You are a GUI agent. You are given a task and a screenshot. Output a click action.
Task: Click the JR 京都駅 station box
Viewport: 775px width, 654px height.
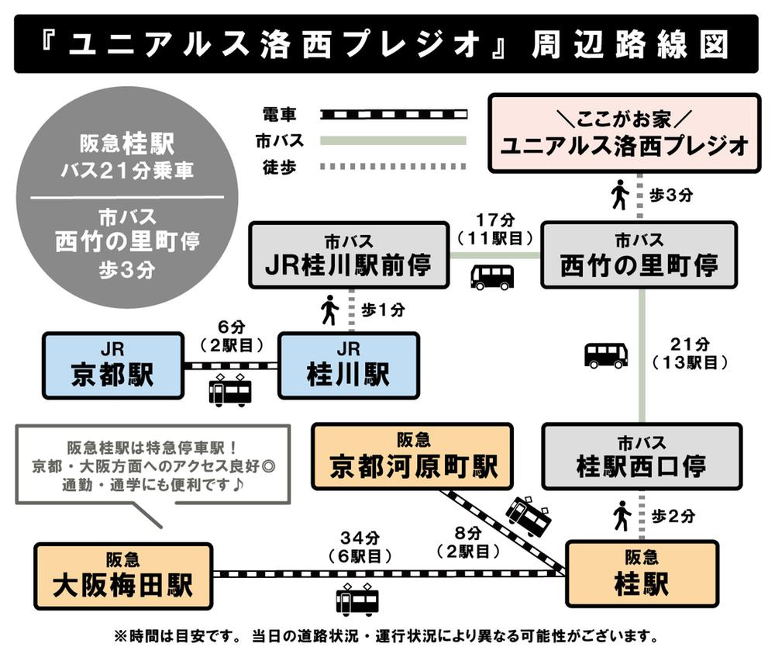(112, 365)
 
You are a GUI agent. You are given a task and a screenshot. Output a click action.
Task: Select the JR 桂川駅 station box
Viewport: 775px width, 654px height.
(349, 365)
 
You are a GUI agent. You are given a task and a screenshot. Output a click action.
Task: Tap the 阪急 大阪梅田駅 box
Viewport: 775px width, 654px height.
(123, 576)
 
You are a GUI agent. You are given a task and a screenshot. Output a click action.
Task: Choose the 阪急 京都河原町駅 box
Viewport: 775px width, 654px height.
(412, 456)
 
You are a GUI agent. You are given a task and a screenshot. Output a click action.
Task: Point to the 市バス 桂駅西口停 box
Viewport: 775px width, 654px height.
(642, 456)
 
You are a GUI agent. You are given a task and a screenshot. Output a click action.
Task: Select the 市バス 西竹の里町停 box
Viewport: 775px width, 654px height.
(639, 255)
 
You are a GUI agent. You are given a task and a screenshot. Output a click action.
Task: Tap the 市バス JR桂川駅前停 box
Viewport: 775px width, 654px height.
(349, 255)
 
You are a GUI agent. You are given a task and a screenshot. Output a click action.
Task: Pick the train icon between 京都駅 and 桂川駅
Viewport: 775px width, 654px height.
(230, 389)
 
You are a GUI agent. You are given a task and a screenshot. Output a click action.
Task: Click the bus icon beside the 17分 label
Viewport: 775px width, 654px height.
(492, 277)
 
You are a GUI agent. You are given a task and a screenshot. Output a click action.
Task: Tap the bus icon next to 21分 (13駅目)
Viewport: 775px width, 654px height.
(605, 355)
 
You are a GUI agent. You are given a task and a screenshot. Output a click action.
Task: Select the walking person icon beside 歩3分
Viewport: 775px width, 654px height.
(620, 194)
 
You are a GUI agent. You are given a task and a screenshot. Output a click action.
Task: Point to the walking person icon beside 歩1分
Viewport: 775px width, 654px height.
(329, 310)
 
